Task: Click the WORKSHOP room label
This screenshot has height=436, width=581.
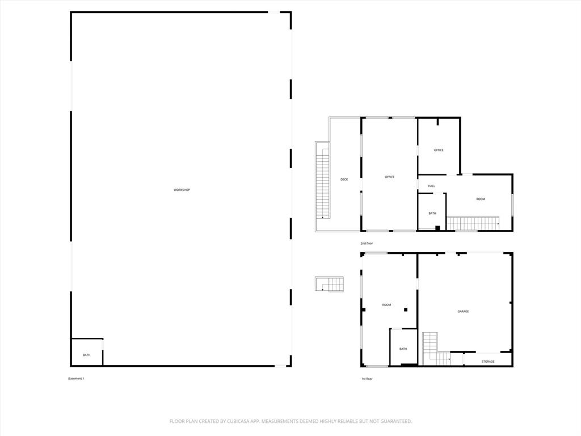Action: tap(182, 190)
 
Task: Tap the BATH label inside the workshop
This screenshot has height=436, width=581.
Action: tap(86, 355)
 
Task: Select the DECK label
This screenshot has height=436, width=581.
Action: tap(344, 179)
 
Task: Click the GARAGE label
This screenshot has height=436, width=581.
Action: tap(463, 311)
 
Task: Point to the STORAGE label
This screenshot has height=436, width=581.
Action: tap(488, 362)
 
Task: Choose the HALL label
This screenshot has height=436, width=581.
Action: tap(431, 186)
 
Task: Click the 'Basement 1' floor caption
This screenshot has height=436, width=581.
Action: tap(76, 379)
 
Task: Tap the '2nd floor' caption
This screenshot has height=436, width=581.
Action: tap(367, 243)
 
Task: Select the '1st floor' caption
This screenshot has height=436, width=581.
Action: tap(367, 379)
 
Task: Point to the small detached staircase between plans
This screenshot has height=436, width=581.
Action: tap(330, 284)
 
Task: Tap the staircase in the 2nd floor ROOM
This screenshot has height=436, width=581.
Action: tap(472, 223)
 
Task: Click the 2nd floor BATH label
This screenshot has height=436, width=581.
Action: tap(432, 213)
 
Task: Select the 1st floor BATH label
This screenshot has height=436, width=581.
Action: tap(403, 349)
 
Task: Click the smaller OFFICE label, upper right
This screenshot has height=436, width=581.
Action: tap(439, 150)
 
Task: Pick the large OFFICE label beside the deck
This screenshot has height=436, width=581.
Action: tap(389, 177)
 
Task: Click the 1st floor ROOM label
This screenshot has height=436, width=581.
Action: tap(386, 305)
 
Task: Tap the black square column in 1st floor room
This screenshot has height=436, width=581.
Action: tap(406, 309)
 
